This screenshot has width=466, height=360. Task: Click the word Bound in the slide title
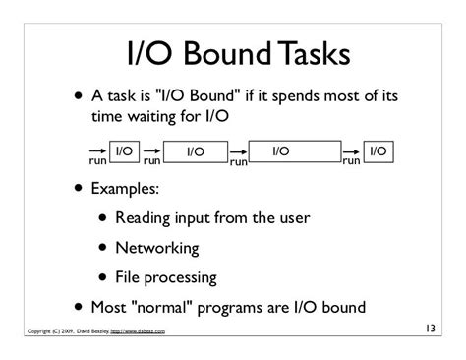coord(227,53)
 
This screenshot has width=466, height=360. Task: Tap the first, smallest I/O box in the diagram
coord(124,151)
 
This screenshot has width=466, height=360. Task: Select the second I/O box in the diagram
coord(196,151)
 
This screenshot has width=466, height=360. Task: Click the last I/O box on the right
coord(379,151)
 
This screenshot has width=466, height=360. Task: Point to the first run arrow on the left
coord(97,150)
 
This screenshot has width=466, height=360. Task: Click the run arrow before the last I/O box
coord(351,151)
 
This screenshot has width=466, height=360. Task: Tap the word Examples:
coord(125,189)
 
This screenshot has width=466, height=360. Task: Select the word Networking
coord(157,248)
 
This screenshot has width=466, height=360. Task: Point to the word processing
coord(181,278)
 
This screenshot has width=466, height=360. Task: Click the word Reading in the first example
coord(143,218)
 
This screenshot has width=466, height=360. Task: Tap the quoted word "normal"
coord(161,307)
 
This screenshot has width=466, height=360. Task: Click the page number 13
coord(431,329)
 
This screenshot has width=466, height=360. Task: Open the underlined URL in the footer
coord(138,331)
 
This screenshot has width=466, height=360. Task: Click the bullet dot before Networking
coord(103,247)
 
